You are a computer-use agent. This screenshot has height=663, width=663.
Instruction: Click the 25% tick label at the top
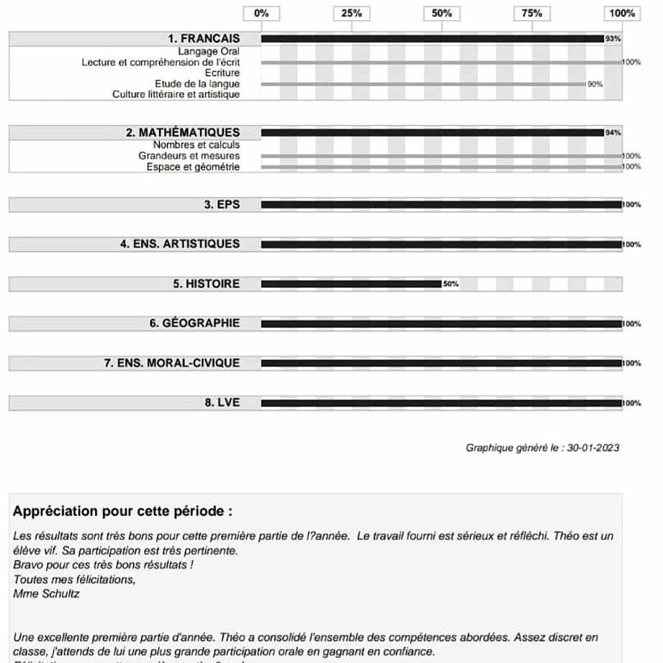point(351,13)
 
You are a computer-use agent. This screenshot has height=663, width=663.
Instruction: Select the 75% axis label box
point(532,13)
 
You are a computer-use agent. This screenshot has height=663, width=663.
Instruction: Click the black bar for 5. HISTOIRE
point(351,284)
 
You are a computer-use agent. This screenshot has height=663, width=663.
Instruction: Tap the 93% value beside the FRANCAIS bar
point(613,39)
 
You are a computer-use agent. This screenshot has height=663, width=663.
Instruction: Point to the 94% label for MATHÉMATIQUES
point(613,132)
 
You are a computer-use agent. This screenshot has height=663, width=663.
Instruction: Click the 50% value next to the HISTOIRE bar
point(451,284)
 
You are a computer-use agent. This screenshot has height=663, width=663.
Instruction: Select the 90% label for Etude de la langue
point(595,84)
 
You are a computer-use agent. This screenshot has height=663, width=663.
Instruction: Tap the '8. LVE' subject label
point(222,402)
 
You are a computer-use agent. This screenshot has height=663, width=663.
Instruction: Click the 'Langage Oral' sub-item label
point(209,52)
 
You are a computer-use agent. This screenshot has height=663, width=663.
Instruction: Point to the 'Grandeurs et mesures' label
point(189,155)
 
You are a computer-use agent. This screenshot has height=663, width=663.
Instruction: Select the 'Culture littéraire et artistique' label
point(176,94)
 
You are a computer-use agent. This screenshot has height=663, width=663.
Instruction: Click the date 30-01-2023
point(593,448)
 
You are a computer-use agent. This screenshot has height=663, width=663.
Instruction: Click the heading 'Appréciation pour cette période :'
point(122,512)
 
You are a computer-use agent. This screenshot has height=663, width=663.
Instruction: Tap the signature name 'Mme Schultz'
point(47,594)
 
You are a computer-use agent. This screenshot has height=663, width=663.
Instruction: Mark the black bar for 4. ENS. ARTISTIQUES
point(441,245)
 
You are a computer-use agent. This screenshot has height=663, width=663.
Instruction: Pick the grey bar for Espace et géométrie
point(441,167)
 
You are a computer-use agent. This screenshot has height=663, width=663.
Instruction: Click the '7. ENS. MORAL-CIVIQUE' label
point(171,363)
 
